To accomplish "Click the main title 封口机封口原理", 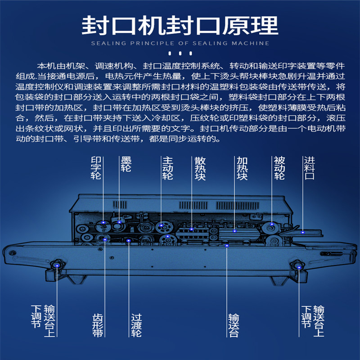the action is (180, 26).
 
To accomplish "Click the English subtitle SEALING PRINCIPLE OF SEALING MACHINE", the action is (180, 43).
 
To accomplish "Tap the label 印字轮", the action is (96, 168).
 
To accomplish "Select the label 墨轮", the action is (126, 164).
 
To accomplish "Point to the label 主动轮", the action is (167, 168).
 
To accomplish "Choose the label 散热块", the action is (200, 168).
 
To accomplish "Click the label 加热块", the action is (242, 168).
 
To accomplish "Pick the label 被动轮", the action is (279, 168).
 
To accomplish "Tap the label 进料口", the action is (309, 168).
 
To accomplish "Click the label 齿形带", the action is (98, 325).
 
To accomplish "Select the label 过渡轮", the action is (136, 325).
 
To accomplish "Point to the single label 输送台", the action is (234, 325).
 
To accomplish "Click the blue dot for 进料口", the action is (303, 232).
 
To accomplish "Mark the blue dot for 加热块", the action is (234, 231).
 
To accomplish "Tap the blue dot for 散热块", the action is (192, 229).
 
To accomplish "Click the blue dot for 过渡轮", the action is (129, 241).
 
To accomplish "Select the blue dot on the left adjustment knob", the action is (57, 265).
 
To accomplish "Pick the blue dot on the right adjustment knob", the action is (299, 267).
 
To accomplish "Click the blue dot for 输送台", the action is (227, 246).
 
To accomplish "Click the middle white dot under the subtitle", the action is (180, 54).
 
